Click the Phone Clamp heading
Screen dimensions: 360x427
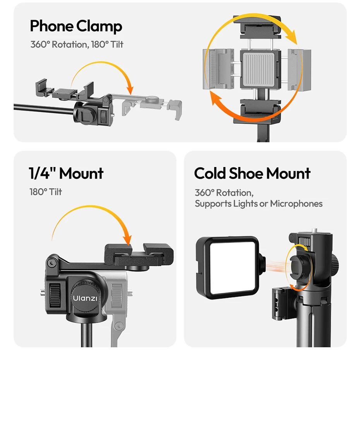pyautogui.click(x=76, y=26)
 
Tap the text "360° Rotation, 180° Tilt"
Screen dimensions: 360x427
pyautogui.click(x=77, y=44)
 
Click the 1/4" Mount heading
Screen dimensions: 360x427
pyautogui.click(x=66, y=173)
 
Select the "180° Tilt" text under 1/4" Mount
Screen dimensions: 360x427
pyautogui.click(x=46, y=192)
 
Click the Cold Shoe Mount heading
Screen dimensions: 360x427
pyautogui.click(x=252, y=173)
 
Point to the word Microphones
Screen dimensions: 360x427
pyautogui.click(x=296, y=203)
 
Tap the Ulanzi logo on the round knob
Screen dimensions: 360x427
pyautogui.click(x=85, y=298)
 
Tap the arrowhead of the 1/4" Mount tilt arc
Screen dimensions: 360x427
pyautogui.click(x=127, y=239)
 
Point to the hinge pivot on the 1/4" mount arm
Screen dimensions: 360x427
pyautogui.click(x=51, y=263)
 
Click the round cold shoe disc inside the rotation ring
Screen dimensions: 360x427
pyautogui.click(x=299, y=267)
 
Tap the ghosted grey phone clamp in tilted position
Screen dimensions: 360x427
pyautogui.click(x=152, y=107)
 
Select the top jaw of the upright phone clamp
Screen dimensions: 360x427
pyautogui.click(x=257, y=27)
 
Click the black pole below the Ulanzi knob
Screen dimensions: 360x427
pyautogui.click(x=87, y=334)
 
